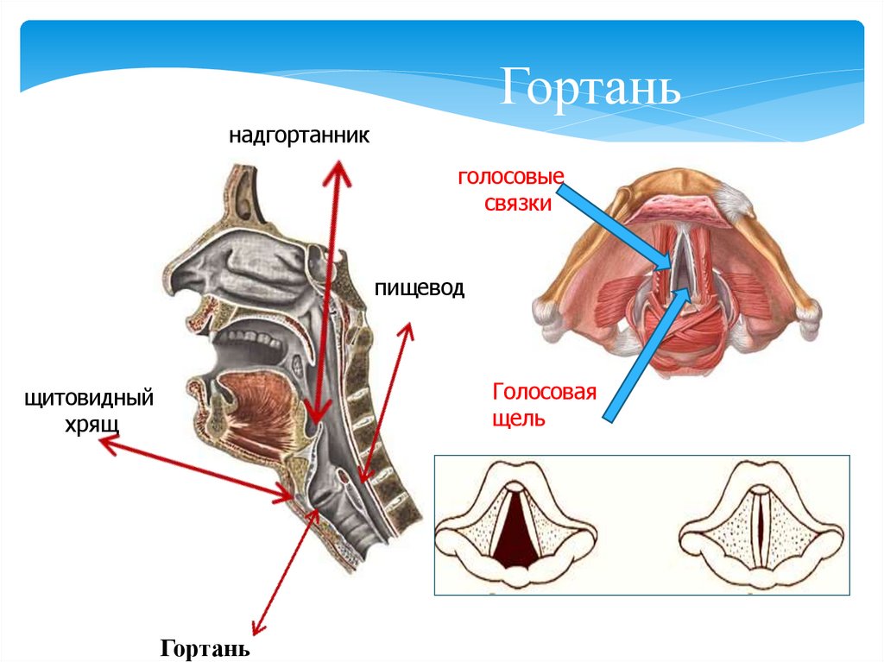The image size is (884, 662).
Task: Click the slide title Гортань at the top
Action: pyautogui.click(x=591, y=87)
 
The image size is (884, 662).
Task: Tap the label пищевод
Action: pyautogui.click(x=420, y=287)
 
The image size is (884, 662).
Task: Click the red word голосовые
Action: pyautogui.click(x=510, y=178)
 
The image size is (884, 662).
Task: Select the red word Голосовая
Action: pyautogui.click(x=545, y=393)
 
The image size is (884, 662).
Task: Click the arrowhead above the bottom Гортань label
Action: pyautogui.click(x=254, y=630)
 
